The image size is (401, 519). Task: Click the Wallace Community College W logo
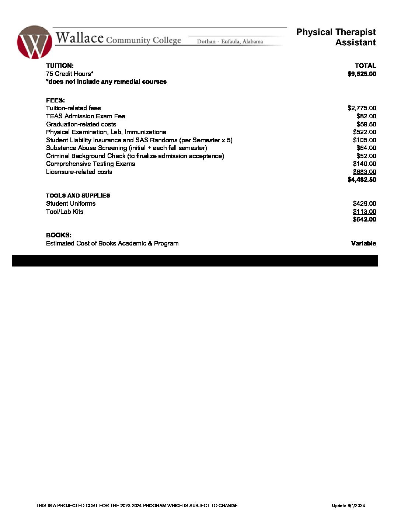[34, 42]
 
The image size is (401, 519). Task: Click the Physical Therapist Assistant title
[336, 37]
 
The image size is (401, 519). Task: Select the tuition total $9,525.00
[362, 74]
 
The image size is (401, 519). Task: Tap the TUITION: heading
[60, 66]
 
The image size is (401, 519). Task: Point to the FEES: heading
[55, 100]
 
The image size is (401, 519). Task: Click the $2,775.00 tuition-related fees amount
[362, 108]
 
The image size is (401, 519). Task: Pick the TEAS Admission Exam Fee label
[86, 116]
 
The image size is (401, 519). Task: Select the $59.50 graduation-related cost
[366, 124]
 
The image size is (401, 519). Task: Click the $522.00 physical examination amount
[364, 132]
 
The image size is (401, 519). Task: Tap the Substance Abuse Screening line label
[126, 148]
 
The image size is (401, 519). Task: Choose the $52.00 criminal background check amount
[366, 156]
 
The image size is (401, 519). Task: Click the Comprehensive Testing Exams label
[90, 164]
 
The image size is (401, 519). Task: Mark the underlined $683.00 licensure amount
[364, 172]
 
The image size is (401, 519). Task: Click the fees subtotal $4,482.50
[362, 180]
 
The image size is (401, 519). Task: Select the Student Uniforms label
[71, 203]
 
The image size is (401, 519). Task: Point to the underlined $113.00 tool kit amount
[364, 212]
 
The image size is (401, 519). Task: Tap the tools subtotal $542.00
[364, 219]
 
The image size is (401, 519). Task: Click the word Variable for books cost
[363, 243]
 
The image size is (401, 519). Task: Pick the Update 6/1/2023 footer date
[348, 505]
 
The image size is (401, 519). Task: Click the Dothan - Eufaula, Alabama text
[230, 42]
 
